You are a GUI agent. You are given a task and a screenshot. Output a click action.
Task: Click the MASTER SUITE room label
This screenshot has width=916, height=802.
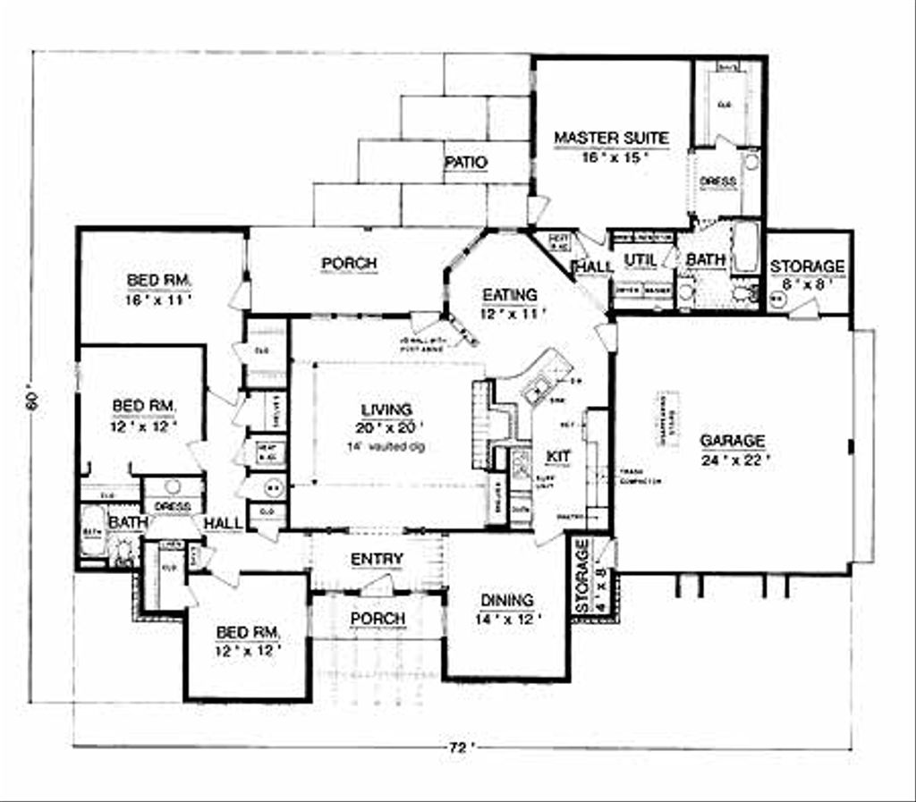(611, 138)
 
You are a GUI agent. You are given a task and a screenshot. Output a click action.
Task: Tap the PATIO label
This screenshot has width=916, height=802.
(465, 164)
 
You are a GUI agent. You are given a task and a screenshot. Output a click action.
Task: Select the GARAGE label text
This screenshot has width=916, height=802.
(733, 441)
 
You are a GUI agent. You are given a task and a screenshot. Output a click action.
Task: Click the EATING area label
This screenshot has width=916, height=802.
(510, 295)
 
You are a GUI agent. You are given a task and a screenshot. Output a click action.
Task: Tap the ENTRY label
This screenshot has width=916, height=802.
(377, 560)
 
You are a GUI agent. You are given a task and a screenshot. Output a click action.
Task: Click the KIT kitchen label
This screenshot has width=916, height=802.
(558, 456)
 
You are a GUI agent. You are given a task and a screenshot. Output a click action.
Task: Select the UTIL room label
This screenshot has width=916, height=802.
(640, 260)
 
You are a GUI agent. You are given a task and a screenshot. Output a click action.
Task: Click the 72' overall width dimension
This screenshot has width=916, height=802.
(459, 748)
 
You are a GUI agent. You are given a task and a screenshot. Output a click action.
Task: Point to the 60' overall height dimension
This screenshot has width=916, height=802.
(33, 401)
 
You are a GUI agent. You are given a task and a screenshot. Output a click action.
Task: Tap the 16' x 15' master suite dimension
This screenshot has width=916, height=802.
(612, 157)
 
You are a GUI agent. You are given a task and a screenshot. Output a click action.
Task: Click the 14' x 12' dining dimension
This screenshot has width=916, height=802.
(507, 619)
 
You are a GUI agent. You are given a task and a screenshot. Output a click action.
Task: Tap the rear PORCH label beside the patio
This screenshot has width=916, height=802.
(349, 264)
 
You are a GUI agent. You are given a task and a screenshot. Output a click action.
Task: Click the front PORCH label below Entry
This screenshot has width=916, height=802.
(377, 619)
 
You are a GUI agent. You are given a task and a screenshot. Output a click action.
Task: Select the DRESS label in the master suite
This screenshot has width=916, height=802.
(718, 182)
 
